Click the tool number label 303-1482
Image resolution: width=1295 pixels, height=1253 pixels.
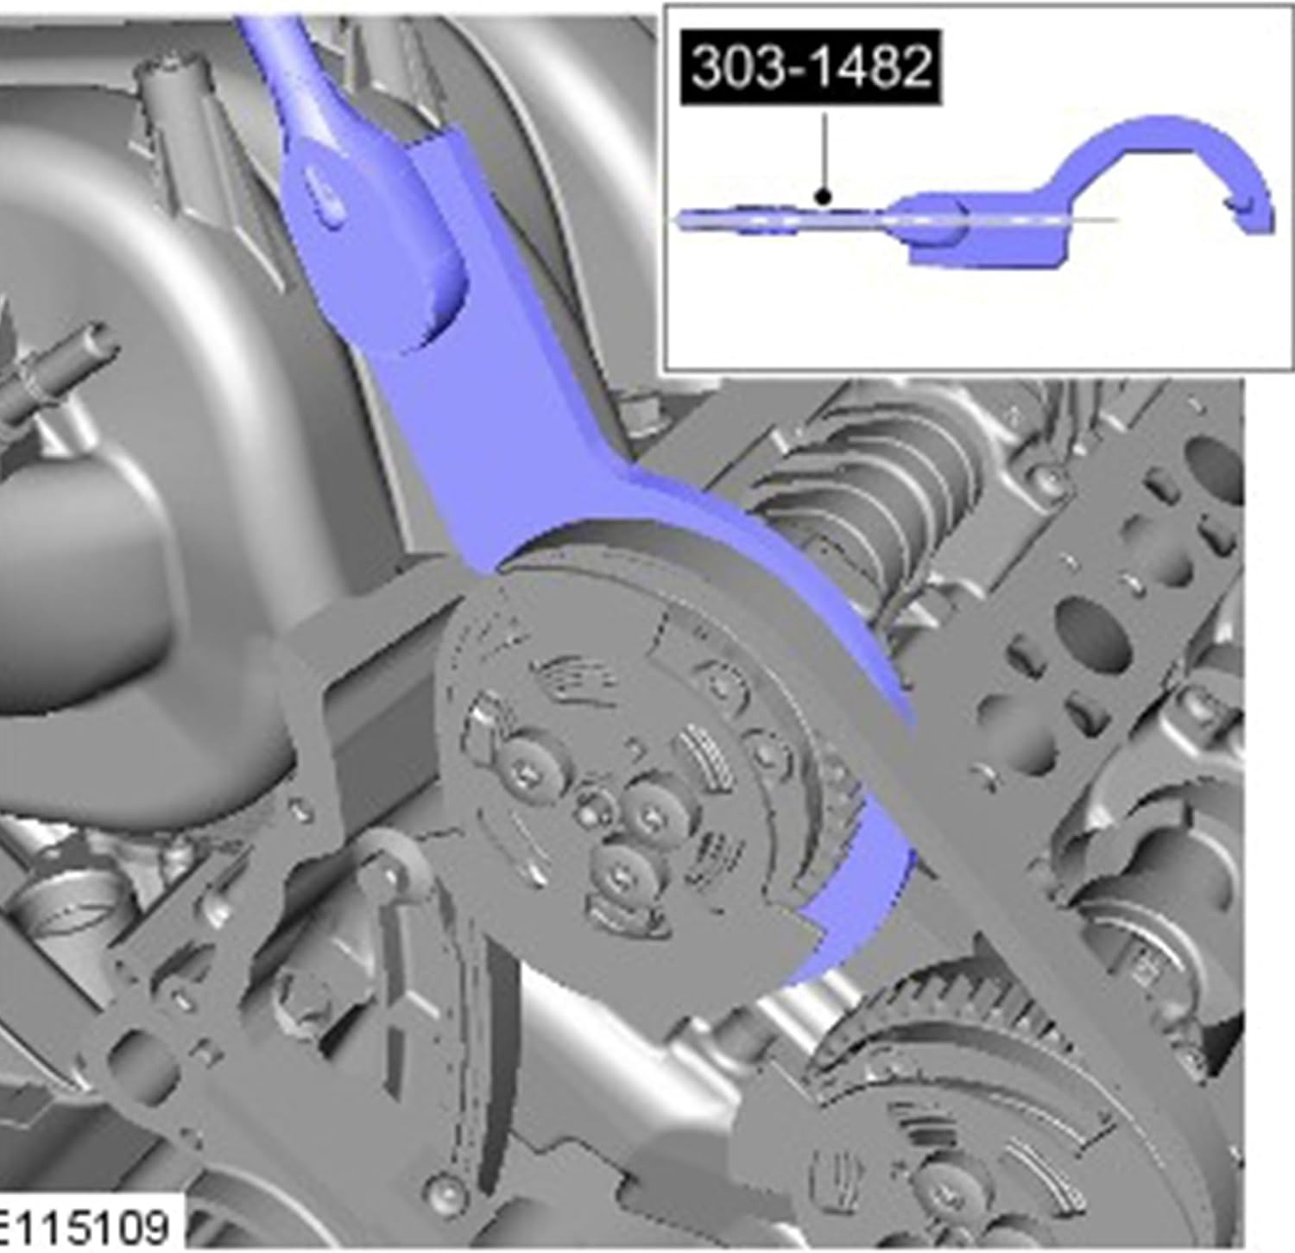tap(811, 67)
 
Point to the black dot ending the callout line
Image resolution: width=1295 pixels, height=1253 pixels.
tap(824, 197)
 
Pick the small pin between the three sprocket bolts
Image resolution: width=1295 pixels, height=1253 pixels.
tap(591, 810)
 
